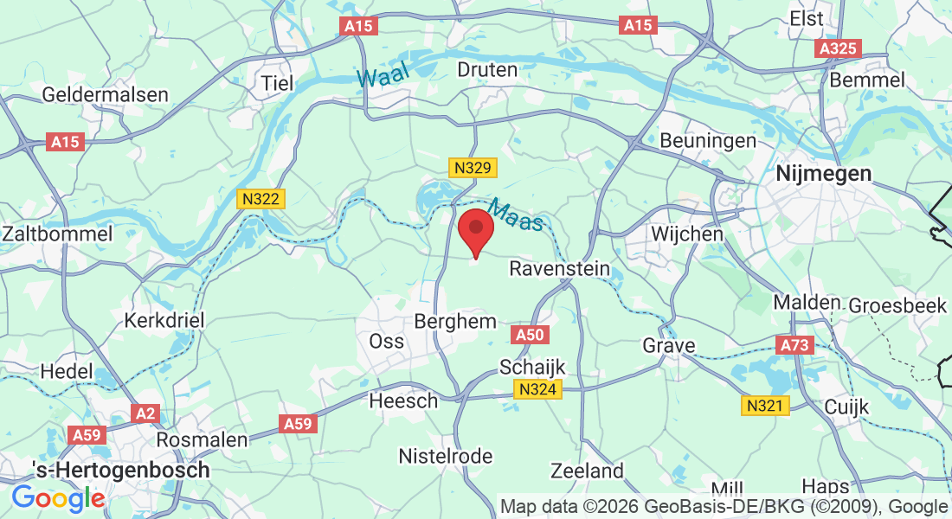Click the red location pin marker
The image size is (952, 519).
pyautogui.click(x=475, y=231)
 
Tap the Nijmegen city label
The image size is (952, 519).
pyautogui.click(x=823, y=173)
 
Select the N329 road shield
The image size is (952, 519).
pyautogui.click(x=473, y=169)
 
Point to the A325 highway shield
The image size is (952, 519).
pyautogui.click(x=838, y=49)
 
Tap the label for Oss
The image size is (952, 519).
pyautogui.click(x=386, y=341)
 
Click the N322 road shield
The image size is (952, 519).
pyautogui.click(x=261, y=200)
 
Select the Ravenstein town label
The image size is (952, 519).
pyautogui.click(x=559, y=268)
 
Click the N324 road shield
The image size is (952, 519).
pyautogui.click(x=538, y=390)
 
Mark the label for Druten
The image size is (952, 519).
pyautogui.click(x=487, y=69)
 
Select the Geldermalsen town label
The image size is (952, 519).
pyautogui.click(x=91, y=93)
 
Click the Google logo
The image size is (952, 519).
pyautogui.click(x=58, y=497)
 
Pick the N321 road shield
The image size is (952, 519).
pyautogui.click(x=766, y=406)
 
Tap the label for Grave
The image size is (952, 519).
pyautogui.click(x=668, y=346)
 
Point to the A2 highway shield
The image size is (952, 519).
pyautogui.click(x=146, y=413)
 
